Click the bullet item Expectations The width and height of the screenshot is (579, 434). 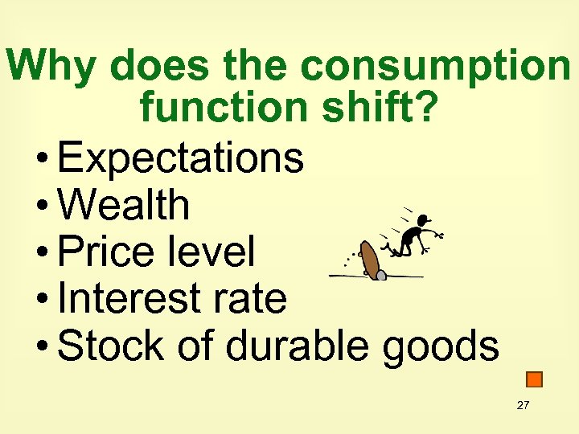(181, 158)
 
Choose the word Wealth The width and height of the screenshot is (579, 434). (124, 205)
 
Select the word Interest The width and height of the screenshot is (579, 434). (120, 299)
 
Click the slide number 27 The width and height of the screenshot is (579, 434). (523, 405)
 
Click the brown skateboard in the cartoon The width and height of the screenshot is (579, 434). (371, 259)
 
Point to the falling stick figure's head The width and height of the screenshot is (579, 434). (424, 220)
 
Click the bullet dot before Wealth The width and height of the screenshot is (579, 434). (42, 207)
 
